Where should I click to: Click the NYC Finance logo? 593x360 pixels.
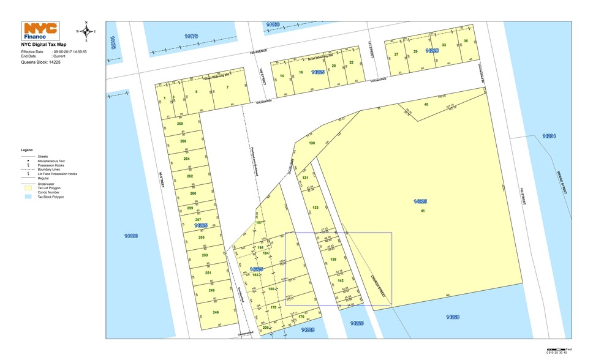click(40, 31)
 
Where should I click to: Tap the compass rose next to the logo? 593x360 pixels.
click(86, 31)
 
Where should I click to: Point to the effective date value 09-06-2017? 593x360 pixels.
click(70, 52)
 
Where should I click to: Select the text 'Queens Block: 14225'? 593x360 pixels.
click(41, 62)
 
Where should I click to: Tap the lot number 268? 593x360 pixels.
click(180, 124)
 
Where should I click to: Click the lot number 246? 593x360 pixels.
click(216, 312)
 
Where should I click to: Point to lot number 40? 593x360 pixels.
click(426, 104)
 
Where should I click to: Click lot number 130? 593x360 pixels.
click(312, 143)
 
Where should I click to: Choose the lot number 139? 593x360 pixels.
click(333, 260)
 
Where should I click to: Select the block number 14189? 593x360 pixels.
click(130, 235)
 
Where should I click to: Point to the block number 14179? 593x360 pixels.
click(191, 36)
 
